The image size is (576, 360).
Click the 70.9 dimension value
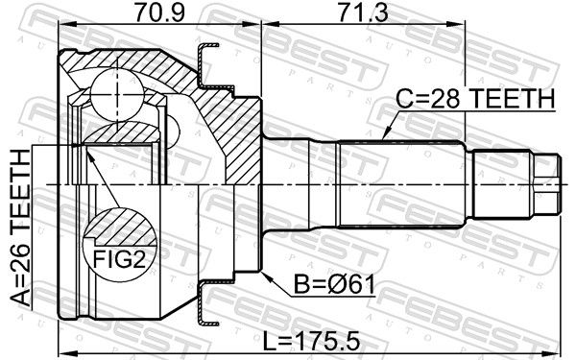159,12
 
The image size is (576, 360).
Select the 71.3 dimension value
364,12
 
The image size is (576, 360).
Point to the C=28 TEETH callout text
475,99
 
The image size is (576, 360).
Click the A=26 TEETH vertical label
20,228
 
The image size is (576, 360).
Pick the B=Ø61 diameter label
335,285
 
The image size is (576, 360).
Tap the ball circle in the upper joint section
117,94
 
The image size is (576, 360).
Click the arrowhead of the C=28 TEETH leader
386,134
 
